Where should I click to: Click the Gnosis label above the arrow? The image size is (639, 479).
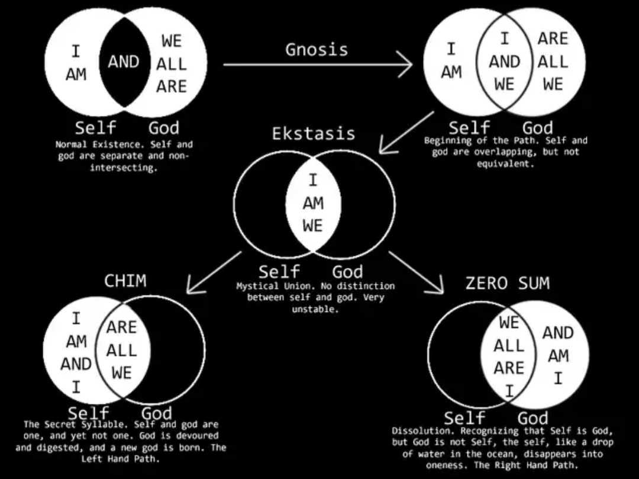click(317, 50)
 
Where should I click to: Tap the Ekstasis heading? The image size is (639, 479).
click(314, 133)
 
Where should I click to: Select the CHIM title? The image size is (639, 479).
click(125, 281)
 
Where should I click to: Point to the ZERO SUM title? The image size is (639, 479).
click(508, 283)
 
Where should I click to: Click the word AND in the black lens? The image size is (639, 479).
click(124, 62)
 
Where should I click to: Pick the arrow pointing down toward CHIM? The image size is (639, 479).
click(214, 272)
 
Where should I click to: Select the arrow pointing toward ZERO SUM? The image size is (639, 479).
click(416, 272)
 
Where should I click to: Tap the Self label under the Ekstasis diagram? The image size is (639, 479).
click(279, 272)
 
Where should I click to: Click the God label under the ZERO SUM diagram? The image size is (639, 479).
click(532, 418)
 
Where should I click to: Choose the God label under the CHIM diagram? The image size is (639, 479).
click(156, 413)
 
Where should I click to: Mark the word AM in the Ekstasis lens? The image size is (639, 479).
click(313, 203)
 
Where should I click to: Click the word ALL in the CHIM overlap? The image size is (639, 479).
click(121, 350)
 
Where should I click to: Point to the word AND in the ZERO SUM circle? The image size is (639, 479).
click(558, 333)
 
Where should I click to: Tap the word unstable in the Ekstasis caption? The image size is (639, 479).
click(315, 309)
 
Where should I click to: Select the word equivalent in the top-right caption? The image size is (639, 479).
click(505, 164)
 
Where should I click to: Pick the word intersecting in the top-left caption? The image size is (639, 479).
click(124, 168)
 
